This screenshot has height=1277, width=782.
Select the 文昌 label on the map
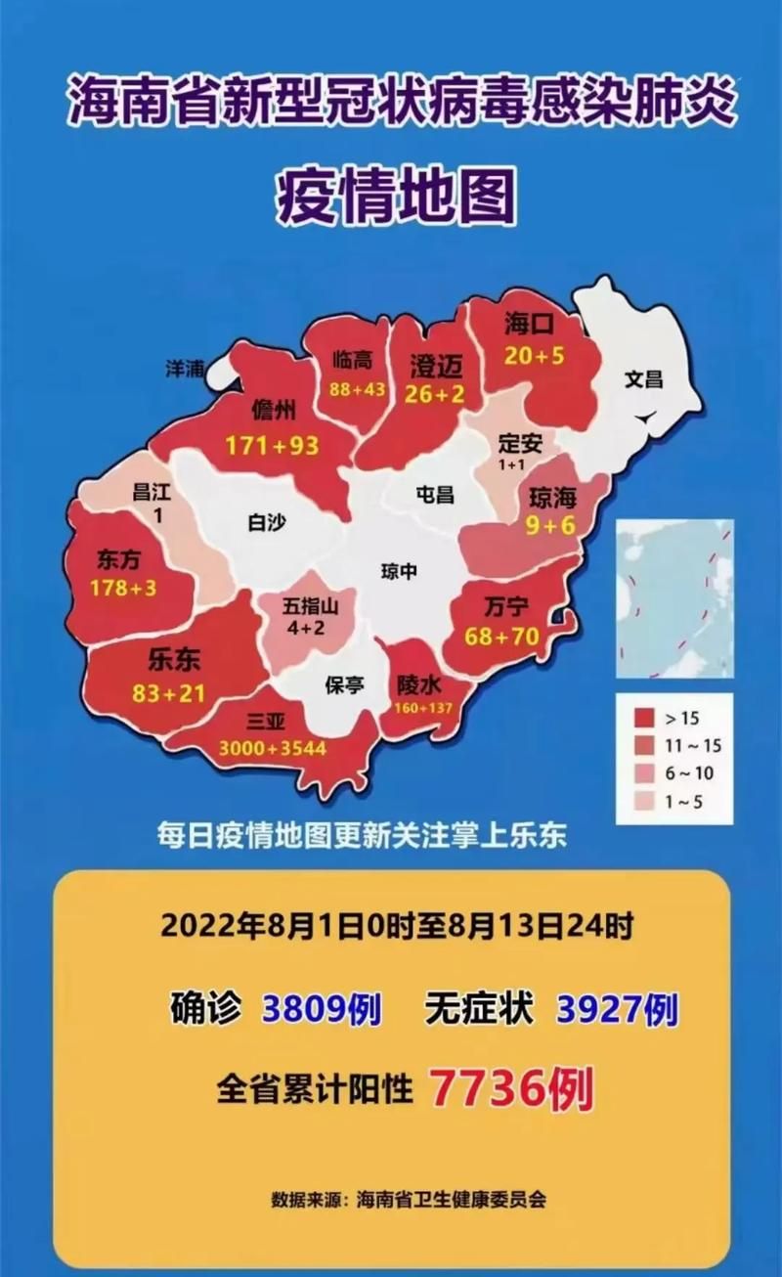643,378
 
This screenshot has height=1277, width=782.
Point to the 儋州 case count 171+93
272,445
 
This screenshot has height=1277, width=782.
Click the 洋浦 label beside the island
184,369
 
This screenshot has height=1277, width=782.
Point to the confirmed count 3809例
321,1009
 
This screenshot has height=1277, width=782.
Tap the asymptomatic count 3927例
617,1009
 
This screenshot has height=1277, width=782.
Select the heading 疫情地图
395,194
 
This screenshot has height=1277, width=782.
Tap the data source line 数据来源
409,1199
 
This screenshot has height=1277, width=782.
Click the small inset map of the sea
674,598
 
